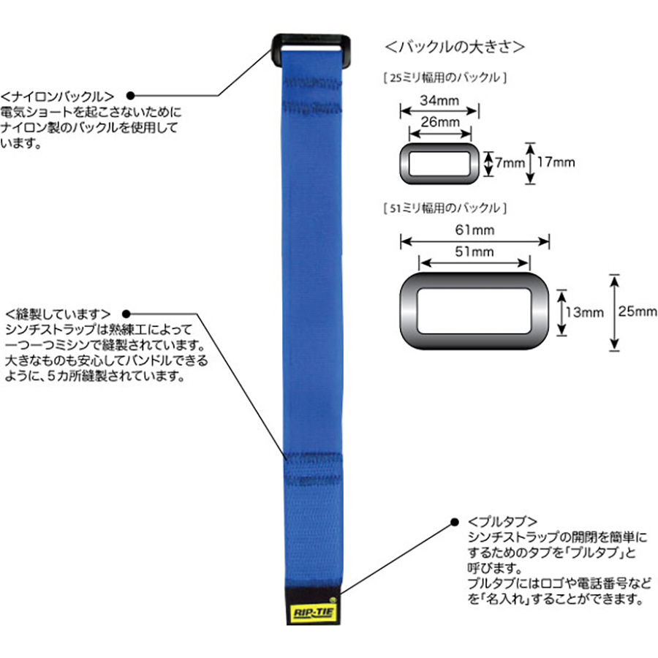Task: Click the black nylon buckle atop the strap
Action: (311, 41)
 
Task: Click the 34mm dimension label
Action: (439, 101)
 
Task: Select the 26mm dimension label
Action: (440, 122)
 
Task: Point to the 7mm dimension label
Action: (510, 162)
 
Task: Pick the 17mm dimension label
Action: (556, 162)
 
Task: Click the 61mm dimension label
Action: (474, 230)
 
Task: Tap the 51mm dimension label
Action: (474, 252)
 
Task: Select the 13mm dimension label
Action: (585, 312)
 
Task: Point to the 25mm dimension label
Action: (638, 311)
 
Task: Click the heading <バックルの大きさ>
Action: (455, 47)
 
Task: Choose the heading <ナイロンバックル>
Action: (58, 97)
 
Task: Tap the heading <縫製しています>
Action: (58, 314)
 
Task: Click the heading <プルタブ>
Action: (502, 521)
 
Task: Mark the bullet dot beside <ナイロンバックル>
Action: (131, 96)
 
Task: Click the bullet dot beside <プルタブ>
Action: (455, 522)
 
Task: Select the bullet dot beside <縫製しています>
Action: (126, 314)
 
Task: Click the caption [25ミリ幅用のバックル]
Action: (445, 77)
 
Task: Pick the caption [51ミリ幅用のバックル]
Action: (445, 208)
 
